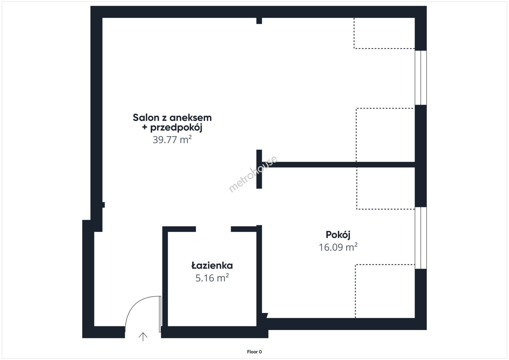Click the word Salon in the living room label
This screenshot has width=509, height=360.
click(146, 118)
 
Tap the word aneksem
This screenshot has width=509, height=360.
click(190, 118)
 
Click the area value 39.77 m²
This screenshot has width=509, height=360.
click(172, 139)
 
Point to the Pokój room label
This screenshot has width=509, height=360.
click(338, 235)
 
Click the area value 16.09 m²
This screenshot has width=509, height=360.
click(338, 247)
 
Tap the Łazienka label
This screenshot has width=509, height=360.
click(212, 266)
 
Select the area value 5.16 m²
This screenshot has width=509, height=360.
click(212, 278)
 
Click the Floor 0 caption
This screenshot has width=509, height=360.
click(254, 352)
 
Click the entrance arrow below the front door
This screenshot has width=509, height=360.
click(143, 337)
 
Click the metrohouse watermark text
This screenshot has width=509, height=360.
click(253, 174)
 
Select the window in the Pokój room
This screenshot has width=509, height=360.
click(421, 238)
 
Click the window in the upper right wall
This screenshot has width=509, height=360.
click(421, 78)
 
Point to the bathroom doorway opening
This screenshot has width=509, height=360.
click(213, 229)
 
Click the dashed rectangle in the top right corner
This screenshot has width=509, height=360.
click(384, 33)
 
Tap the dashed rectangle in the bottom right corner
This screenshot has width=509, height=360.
click(385, 291)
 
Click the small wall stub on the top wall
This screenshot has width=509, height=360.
click(259, 21)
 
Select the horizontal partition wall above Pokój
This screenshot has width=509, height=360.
click(338, 165)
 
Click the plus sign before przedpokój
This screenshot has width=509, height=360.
click(144, 127)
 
